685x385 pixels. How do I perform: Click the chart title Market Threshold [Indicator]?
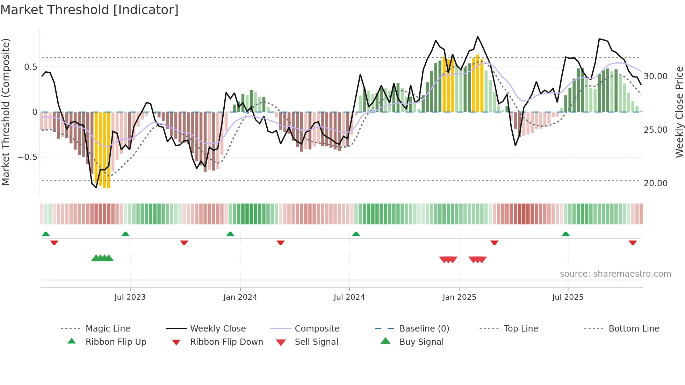tap(89, 10)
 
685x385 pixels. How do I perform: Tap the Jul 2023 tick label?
tap(130, 297)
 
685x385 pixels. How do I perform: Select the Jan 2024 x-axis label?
tap(240, 297)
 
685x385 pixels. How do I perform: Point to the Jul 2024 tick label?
tap(349, 297)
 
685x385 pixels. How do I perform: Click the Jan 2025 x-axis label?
tap(459, 297)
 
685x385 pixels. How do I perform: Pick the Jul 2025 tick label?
tap(568, 297)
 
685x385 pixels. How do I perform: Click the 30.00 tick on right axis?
tap(655, 77)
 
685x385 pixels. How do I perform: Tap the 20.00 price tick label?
tap(655, 183)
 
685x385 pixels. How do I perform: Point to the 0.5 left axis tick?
tap(30, 67)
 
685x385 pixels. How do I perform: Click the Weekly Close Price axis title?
tap(679, 112)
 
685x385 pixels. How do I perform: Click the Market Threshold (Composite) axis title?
tap(6, 112)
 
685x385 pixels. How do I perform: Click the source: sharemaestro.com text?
tap(615, 274)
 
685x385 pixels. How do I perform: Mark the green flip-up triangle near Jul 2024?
tap(356, 234)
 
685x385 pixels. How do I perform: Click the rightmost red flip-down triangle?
tap(633, 242)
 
